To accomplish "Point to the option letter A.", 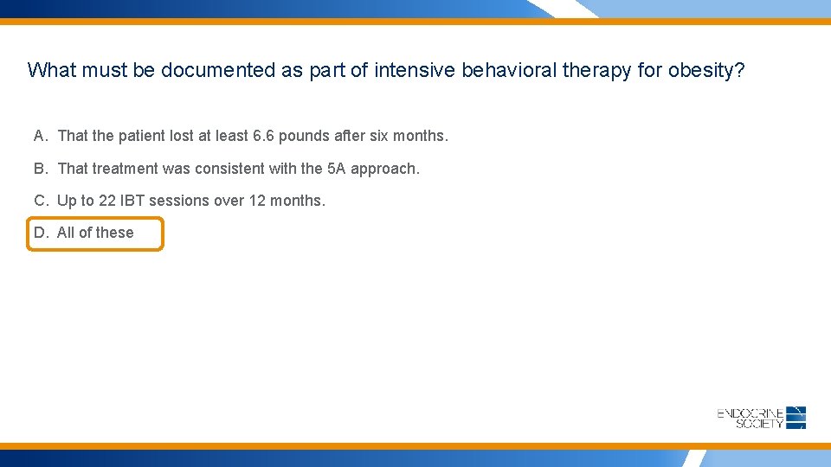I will point(41,136).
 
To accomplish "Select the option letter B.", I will point(41,169).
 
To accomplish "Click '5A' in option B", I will point(337,169).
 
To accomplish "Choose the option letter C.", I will point(41,201).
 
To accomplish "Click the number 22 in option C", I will point(107,201).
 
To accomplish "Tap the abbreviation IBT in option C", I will point(132,201).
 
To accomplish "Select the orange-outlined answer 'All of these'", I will point(95,233).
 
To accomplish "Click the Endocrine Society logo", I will point(762,418).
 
